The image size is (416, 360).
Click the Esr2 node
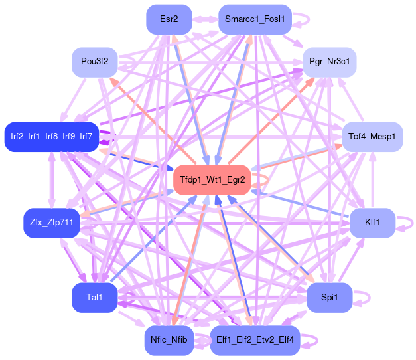click(169, 19)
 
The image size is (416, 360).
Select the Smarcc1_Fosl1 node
click(255, 19)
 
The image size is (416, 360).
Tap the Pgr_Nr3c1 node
click(329, 62)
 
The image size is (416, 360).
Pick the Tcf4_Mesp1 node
click(372, 137)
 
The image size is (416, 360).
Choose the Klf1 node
click(372, 223)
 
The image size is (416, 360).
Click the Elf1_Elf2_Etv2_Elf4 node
click(255, 340)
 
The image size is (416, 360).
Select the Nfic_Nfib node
click(169, 340)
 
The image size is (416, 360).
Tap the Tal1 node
click(94, 298)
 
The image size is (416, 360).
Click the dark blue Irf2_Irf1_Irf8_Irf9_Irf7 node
click(52, 137)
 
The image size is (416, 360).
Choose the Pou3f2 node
click(94, 62)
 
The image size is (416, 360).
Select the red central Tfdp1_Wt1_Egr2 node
click(212, 179)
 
